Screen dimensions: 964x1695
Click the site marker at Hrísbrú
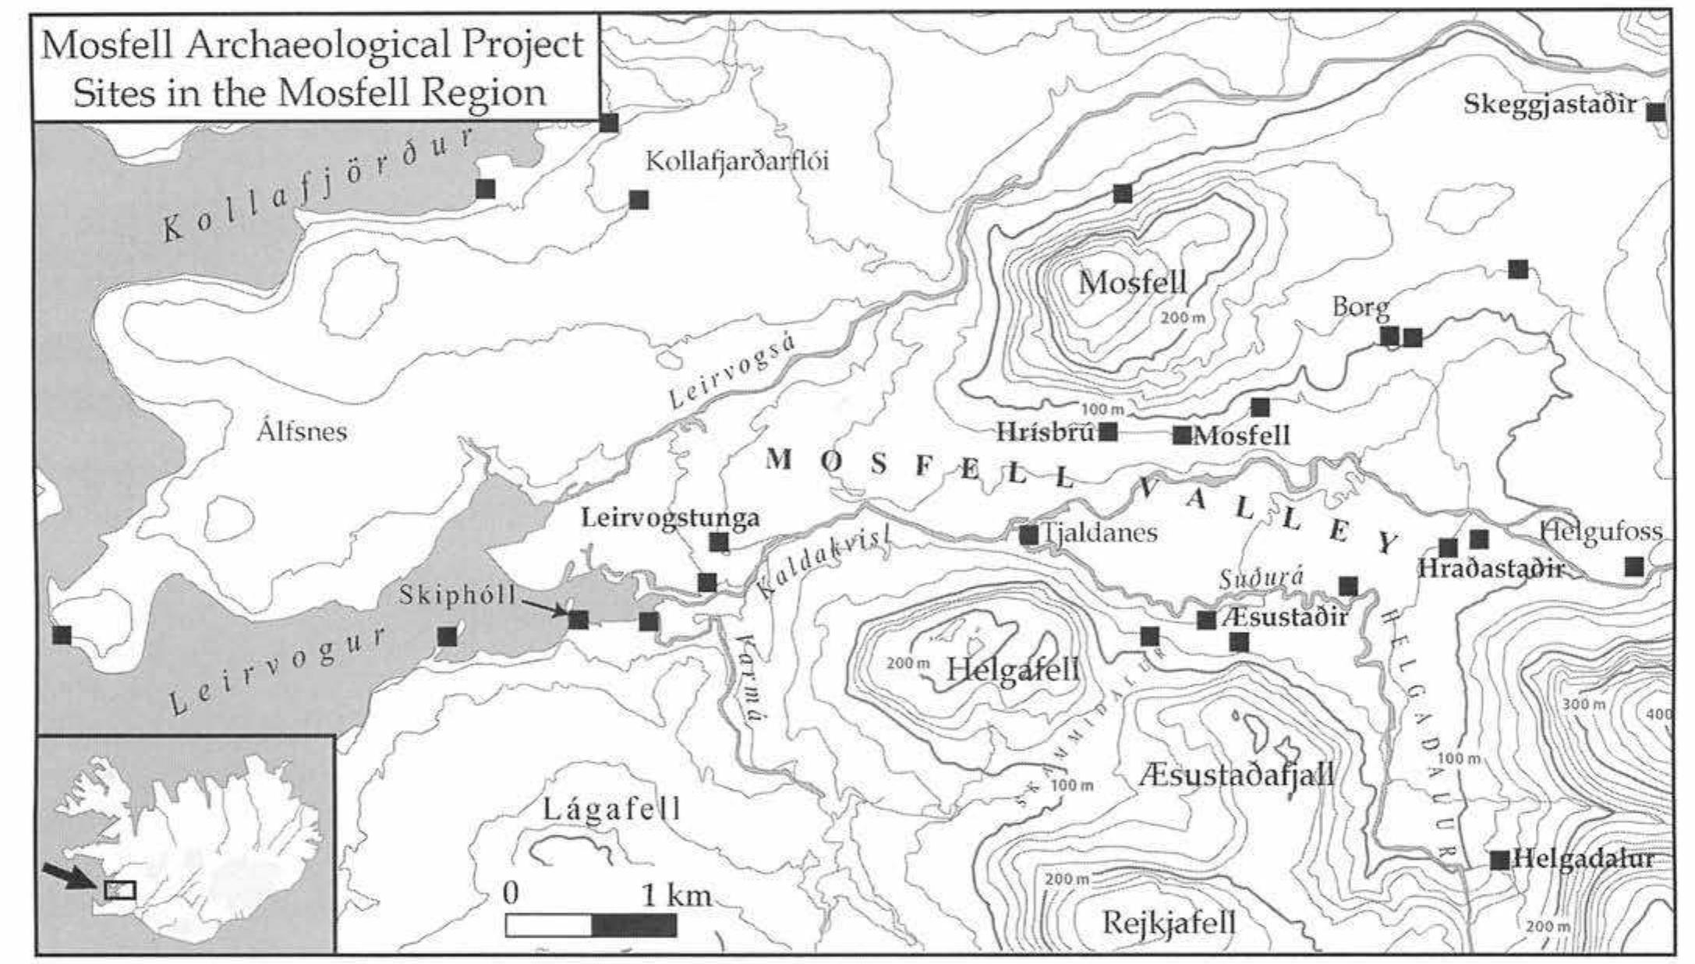(x=1108, y=431)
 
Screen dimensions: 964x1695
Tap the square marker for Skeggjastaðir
(x=1655, y=112)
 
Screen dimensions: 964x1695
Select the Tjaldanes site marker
(x=1029, y=535)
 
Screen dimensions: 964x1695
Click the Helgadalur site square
(x=1499, y=860)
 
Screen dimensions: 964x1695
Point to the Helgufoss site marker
(x=1634, y=567)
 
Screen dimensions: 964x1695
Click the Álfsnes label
(x=302, y=431)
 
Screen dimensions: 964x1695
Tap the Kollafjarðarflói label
(x=737, y=161)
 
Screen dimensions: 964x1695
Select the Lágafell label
(x=611, y=809)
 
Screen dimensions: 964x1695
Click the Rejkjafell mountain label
(x=1169, y=923)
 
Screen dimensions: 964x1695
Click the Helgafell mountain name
(x=1012, y=669)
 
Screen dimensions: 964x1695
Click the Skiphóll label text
(x=458, y=595)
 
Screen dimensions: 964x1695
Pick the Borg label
(x=1361, y=306)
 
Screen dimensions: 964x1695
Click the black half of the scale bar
(x=634, y=926)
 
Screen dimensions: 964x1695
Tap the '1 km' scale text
(x=676, y=895)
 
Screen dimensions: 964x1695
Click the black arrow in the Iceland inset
(x=65, y=876)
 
